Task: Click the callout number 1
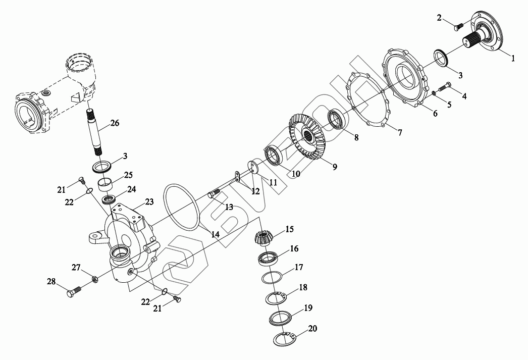pos(513,59)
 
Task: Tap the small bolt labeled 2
pos(459,24)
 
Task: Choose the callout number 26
pos(114,123)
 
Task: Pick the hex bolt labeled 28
pos(74,292)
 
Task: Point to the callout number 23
pos(149,202)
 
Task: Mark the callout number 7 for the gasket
pos(399,133)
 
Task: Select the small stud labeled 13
pos(214,193)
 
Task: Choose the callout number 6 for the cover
pos(435,114)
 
